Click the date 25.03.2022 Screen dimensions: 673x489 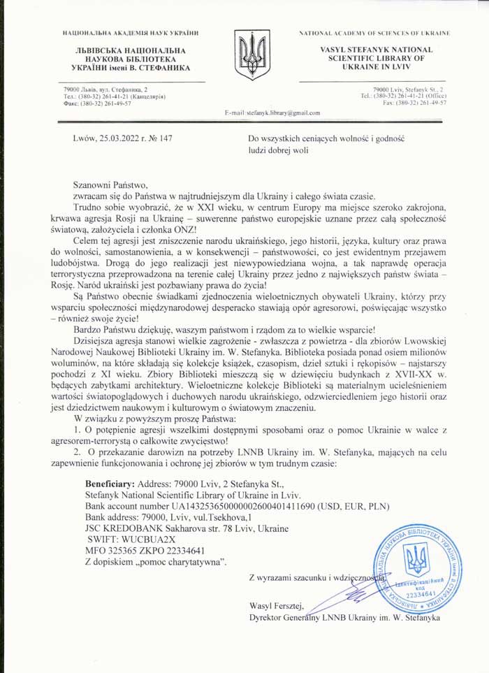pos(122,138)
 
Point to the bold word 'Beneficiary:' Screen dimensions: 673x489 pos(110,484)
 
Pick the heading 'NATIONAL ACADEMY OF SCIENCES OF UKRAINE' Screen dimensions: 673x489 pos(374,34)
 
